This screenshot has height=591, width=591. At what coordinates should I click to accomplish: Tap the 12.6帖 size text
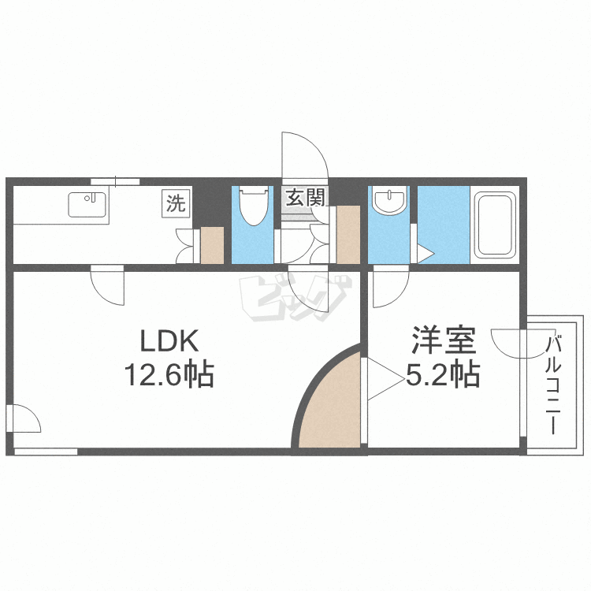167,375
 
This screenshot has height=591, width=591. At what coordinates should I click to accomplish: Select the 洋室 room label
442,343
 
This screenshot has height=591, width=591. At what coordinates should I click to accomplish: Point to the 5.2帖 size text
442,375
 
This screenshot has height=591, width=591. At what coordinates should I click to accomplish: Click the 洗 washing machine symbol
176,204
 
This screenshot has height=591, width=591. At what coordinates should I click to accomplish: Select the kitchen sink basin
88,205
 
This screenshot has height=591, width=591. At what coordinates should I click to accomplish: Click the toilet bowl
252,206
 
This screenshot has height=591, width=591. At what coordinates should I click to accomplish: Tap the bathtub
494,225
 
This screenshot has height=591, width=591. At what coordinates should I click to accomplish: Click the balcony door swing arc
510,344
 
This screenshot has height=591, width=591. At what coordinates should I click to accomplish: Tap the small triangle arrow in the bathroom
424,254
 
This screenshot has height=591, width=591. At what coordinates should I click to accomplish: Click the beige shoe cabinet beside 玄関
348,234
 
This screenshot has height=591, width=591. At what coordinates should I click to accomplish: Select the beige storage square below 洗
213,245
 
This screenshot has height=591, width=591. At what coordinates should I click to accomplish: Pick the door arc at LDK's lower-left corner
25,418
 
